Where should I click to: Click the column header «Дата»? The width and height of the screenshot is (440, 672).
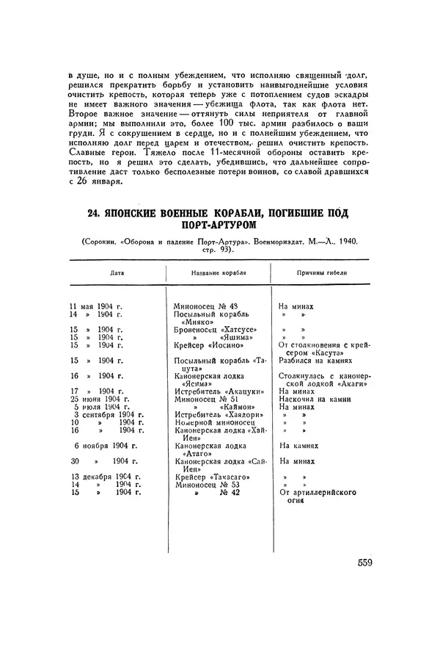point(117,272)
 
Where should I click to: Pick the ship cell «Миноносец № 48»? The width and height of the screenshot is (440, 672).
point(208,305)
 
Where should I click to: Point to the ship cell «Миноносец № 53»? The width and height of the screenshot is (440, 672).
point(207,485)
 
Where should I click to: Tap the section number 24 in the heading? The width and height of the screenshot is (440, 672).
point(93,213)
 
